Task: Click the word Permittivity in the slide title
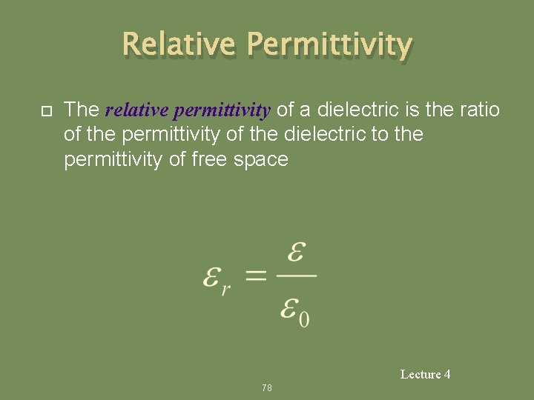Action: [x=329, y=46]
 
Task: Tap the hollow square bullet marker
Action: [x=44, y=111]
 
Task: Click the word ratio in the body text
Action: [x=480, y=110]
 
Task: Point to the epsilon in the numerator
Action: [x=296, y=254]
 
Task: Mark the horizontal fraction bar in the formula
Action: [x=297, y=278]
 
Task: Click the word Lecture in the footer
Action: [x=421, y=374]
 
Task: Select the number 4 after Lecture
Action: [x=447, y=374]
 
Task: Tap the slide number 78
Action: [x=267, y=387]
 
